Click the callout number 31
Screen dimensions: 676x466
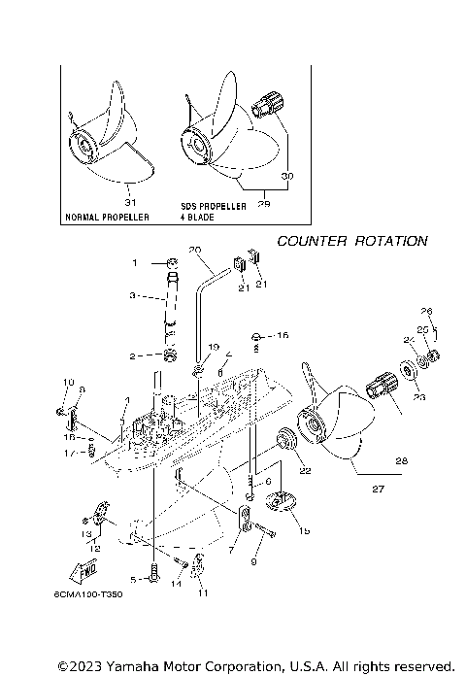click(132, 202)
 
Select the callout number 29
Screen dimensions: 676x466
click(263, 203)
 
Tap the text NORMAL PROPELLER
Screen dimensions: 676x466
click(107, 218)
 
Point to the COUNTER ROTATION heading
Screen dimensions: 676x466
click(351, 241)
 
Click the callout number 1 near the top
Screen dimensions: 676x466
click(136, 262)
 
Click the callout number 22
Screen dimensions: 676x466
click(305, 470)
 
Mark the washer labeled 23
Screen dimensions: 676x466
click(404, 374)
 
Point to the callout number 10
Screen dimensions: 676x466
click(67, 381)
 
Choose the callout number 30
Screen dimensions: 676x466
click(286, 176)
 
